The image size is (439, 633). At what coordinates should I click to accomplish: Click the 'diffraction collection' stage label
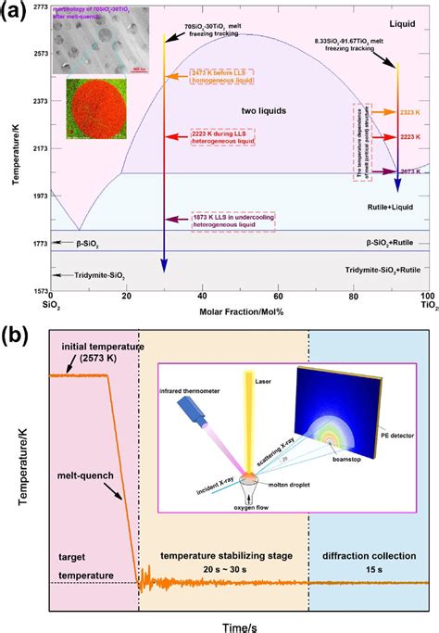(x=368, y=556)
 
